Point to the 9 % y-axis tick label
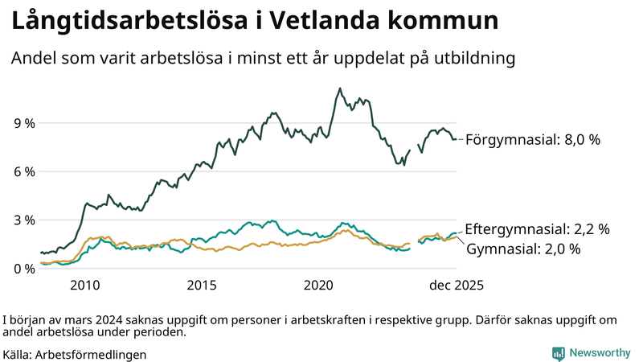coord(24,123)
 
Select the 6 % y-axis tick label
coord(24,171)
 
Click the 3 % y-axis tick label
coord(24,220)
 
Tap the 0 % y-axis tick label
coord(24,268)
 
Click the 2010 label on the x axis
coord(85,285)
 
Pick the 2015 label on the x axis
coord(202,285)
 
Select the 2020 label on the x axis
coord(319,285)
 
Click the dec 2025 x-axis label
coord(455,285)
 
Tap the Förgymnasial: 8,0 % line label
coord(533,139)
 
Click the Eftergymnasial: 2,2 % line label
coord(537,228)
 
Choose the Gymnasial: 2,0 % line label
coord(523,249)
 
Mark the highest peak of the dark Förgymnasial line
coord(339,88)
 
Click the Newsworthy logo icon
coord(558,352)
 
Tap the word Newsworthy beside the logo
coord(600,352)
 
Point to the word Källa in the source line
coord(18,353)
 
